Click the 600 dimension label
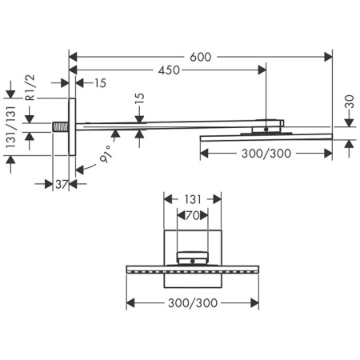click(x=200, y=57)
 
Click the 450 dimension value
click(x=169, y=70)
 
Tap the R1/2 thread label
click(x=30, y=87)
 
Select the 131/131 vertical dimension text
click(x=11, y=127)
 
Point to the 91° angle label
click(x=106, y=154)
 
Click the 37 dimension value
click(x=62, y=184)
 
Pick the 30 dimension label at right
click(x=350, y=102)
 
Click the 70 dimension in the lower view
click(x=193, y=215)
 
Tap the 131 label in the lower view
click(x=193, y=199)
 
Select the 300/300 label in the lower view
click(x=193, y=303)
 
